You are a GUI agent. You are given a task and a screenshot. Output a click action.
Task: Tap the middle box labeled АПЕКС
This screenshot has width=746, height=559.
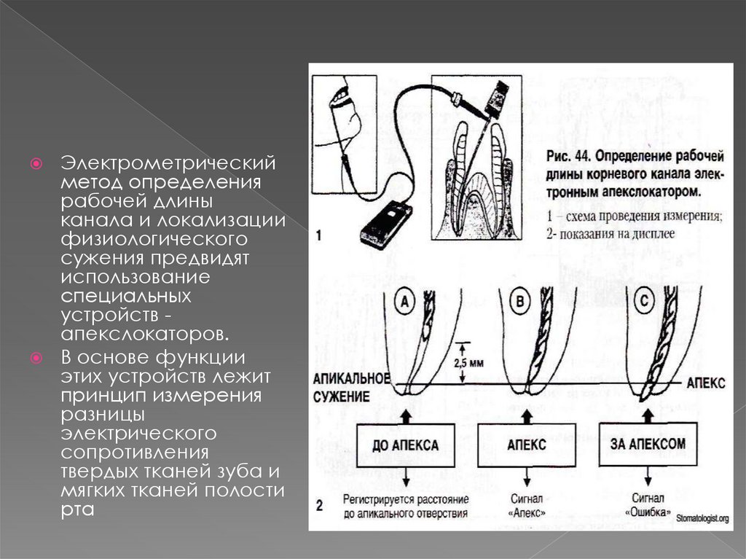[525, 444]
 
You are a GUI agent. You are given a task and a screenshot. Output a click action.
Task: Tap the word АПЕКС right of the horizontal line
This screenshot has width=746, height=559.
[705, 384]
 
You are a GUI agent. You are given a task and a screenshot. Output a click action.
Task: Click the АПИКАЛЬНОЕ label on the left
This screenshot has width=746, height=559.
[351, 379]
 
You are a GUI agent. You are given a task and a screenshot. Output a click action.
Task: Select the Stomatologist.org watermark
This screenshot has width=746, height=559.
[702, 518]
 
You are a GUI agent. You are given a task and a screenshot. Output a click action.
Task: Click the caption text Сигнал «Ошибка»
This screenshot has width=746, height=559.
[648, 504]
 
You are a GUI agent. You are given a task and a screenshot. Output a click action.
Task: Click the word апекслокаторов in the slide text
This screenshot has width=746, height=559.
[144, 335]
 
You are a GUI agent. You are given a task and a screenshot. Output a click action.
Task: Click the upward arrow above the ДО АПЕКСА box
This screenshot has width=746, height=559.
[405, 413]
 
